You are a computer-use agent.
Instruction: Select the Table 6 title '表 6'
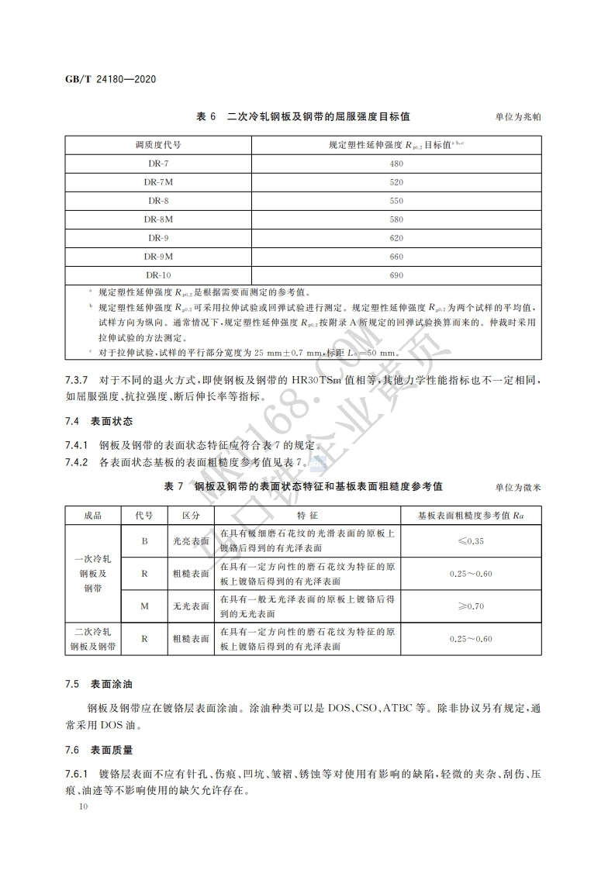click(x=206, y=116)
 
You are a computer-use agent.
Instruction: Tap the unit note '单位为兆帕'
click(x=517, y=117)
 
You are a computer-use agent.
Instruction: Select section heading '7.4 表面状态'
click(x=98, y=422)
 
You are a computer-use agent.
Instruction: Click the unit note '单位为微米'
click(x=517, y=487)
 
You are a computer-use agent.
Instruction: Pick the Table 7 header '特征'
click(x=308, y=515)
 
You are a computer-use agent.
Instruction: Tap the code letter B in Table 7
click(x=144, y=540)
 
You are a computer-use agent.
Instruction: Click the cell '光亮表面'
click(x=191, y=540)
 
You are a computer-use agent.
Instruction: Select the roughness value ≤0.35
click(x=471, y=540)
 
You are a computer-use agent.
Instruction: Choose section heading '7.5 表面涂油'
click(x=98, y=685)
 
